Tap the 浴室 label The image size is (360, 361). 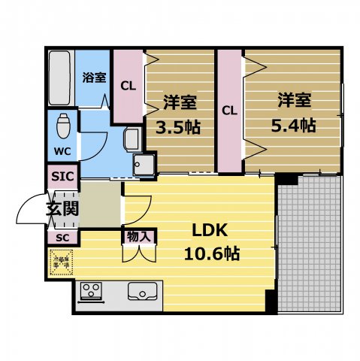[94, 77]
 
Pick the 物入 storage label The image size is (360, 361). [140, 236]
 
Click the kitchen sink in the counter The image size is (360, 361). [142, 290]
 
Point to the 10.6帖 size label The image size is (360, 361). [211, 253]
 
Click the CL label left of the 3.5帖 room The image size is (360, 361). [128, 85]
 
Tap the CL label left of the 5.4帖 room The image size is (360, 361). [229, 110]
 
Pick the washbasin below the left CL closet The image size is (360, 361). [132, 138]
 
